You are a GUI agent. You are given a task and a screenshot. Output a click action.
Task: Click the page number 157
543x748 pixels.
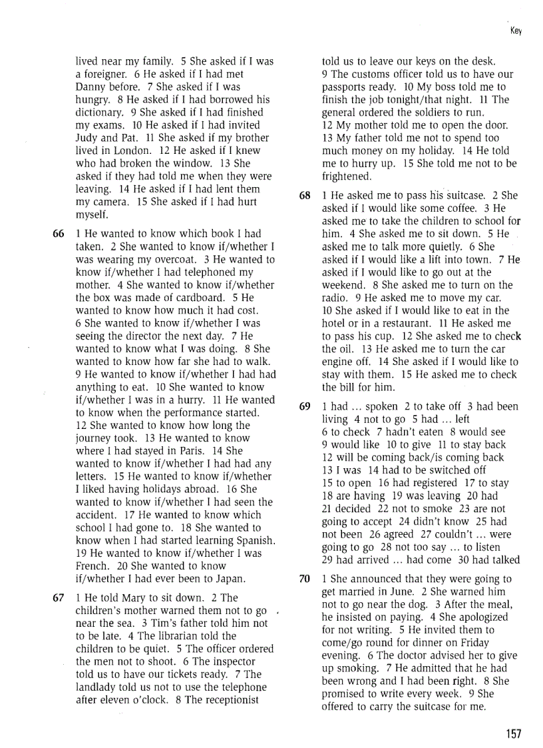click(x=513, y=733)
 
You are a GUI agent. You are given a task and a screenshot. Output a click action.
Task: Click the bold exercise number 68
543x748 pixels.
click(x=305, y=196)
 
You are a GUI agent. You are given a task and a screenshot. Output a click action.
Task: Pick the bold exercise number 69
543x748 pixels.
click(x=305, y=406)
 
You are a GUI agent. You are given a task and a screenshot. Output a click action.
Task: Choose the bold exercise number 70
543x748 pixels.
click(x=305, y=579)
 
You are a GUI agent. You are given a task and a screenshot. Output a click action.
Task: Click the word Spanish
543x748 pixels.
click(x=254, y=540)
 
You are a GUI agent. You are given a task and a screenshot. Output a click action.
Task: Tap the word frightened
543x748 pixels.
click(x=347, y=177)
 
